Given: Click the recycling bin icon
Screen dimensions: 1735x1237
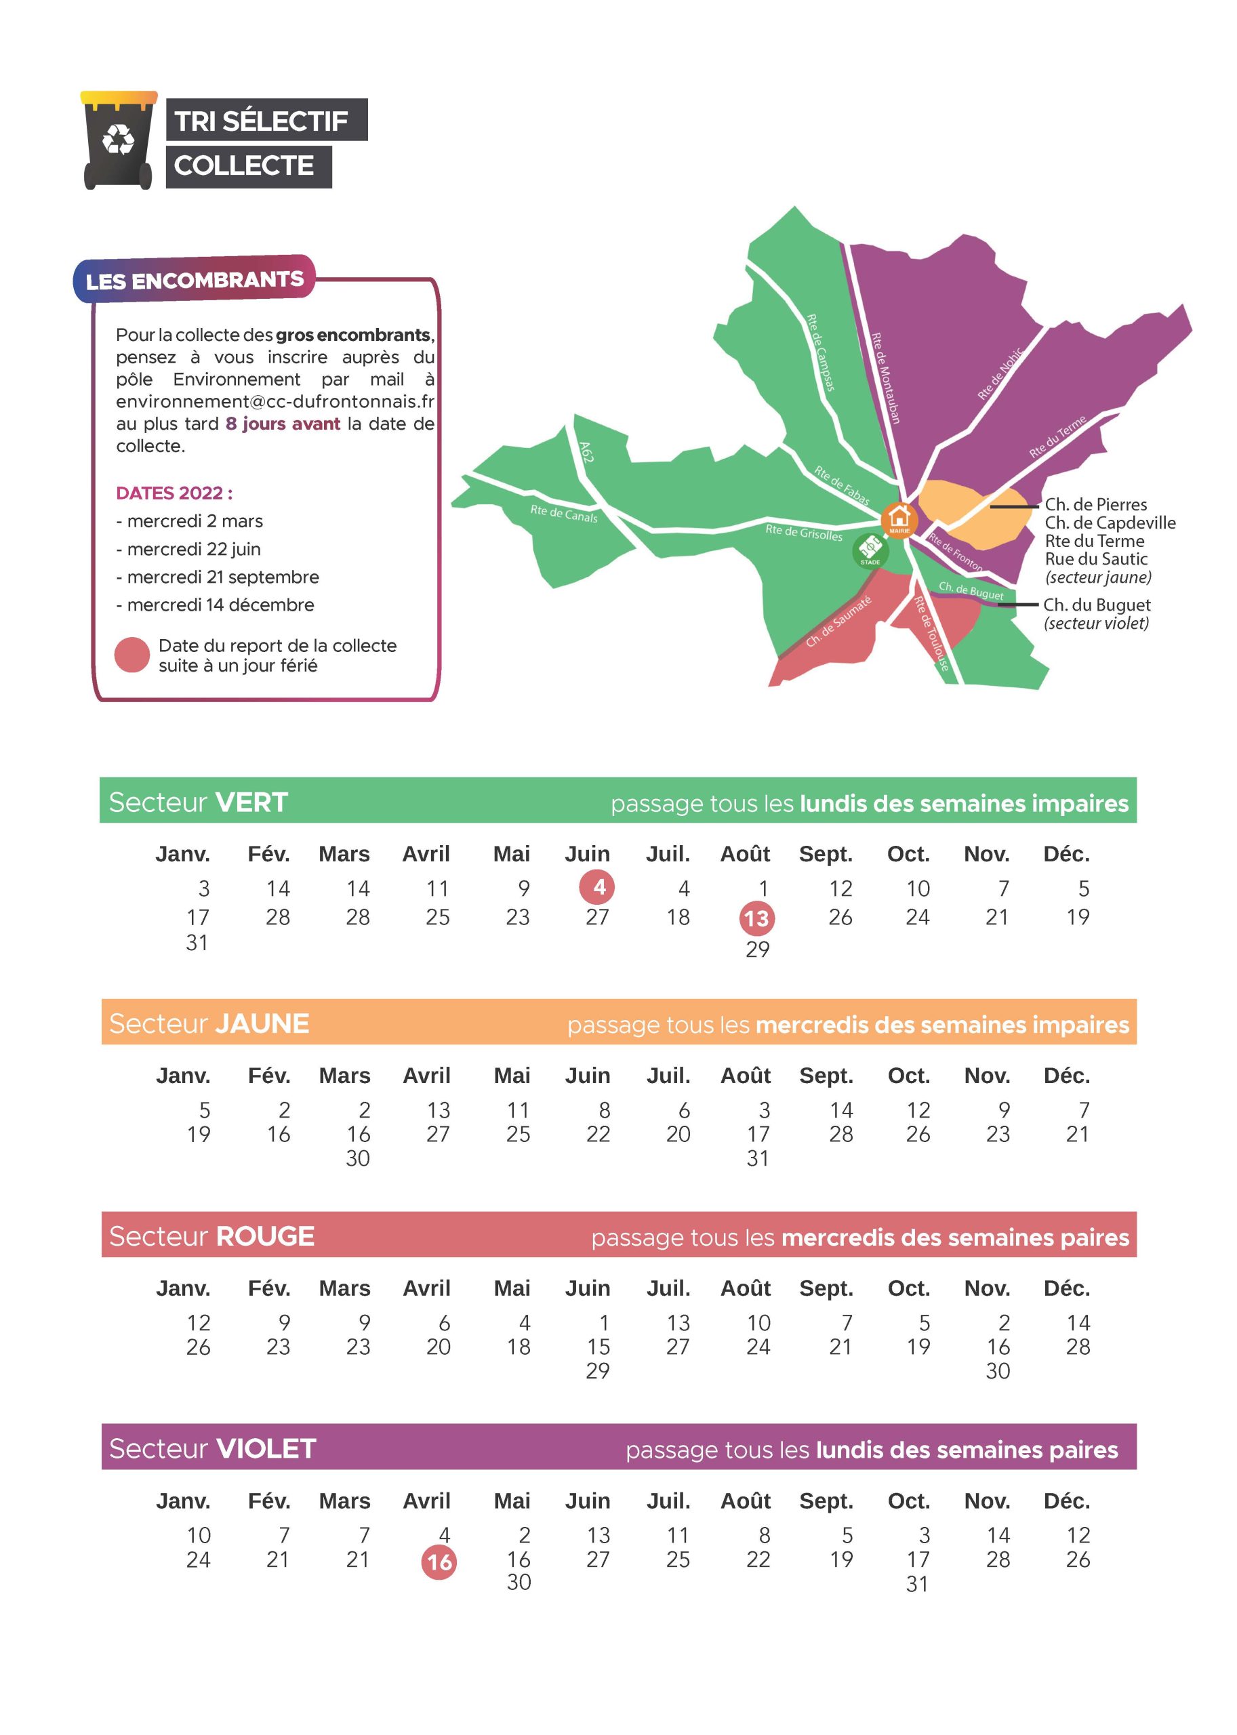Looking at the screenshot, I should click(118, 140).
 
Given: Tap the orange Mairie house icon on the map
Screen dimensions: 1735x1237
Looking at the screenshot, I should click(899, 518).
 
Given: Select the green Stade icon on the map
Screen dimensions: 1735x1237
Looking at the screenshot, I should click(870, 549).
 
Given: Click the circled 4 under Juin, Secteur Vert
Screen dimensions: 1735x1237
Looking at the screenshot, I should click(598, 886).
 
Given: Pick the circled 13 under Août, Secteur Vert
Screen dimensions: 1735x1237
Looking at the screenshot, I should click(756, 918).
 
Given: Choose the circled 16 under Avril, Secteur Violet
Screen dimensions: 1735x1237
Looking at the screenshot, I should click(439, 1563).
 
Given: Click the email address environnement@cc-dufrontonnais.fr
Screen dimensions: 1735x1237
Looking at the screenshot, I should click(275, 401).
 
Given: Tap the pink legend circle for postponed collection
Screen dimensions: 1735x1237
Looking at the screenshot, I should click(131, 655).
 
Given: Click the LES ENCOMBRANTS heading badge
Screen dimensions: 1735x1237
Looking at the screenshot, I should click(195, 281).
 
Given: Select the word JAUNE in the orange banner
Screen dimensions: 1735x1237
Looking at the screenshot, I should click(261, 1023).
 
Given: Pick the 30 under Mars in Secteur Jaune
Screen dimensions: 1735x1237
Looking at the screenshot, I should click(357, 1158).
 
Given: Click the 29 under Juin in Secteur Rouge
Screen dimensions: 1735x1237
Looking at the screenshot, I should click(597, 1371).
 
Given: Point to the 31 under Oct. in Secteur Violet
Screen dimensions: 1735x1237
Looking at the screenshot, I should click(917, 1584).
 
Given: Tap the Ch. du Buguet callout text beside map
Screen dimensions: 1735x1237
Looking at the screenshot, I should click(1096, 605).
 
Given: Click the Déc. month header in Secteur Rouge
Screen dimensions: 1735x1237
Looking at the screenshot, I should click(1066, 1288).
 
